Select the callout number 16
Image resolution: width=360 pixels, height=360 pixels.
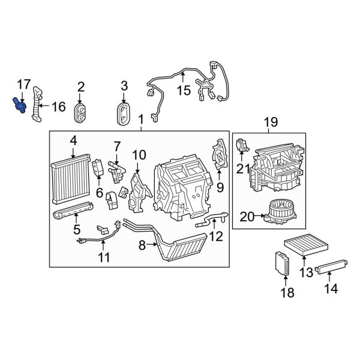click(58, 107)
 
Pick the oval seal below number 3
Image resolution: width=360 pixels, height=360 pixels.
click(125, 112)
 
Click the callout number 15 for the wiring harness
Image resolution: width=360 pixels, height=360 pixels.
click(182, 91)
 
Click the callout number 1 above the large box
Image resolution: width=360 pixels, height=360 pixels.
click(142, 119)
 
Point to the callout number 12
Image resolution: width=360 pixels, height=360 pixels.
click(215, 236)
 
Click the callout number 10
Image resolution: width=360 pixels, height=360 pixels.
click(139, 155)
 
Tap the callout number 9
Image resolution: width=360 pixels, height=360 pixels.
click(220, 187)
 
